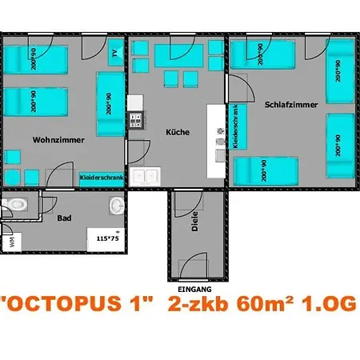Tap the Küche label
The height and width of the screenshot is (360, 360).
click(x=178, y=132)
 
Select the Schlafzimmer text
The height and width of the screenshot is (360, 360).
click(x=291, y=105)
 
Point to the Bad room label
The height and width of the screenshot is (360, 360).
click(x=64, y=217)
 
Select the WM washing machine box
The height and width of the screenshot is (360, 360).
click(x=10, y=239)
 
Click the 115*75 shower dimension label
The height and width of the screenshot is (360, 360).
click(x=106, y=238)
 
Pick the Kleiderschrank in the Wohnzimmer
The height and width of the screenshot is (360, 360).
click(x=101, y=178)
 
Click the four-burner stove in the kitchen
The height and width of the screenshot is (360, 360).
click(x=136, y=122)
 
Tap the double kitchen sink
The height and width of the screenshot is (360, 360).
click(x=146, y=175)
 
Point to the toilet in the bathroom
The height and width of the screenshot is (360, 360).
click(x=18, y=204)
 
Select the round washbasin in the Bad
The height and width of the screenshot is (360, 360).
click(x=117, y=204)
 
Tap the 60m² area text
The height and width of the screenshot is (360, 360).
click(x=264, y=304)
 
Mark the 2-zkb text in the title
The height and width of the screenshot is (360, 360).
click(x=199, y=304)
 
